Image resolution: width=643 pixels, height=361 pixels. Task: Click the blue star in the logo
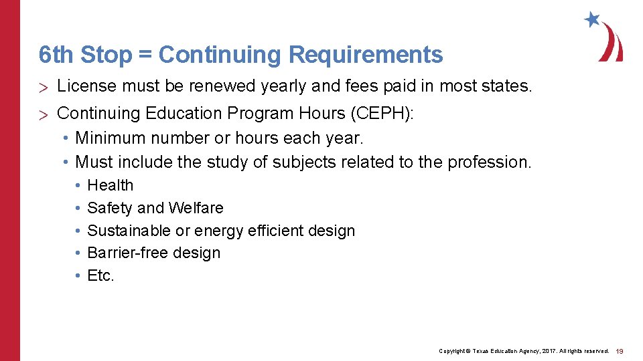pos(591,19)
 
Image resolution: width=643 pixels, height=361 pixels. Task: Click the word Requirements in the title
pos(366,55)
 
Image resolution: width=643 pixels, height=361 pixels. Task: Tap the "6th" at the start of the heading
pos(54,55)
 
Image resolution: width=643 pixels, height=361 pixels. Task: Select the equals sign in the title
pos(145,55)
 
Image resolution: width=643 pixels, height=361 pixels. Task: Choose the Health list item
pos(111,185)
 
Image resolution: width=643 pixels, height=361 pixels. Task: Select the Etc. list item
pos(101,275)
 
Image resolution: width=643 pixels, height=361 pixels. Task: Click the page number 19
pos(620,350)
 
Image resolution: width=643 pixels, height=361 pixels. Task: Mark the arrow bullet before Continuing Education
pos(44,115)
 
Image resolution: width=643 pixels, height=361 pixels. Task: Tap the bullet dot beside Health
pos(78,185)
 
